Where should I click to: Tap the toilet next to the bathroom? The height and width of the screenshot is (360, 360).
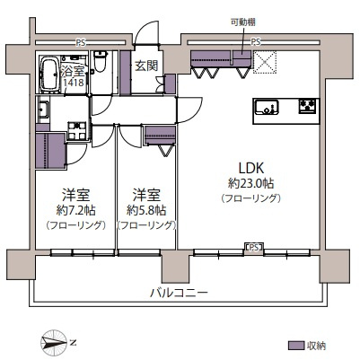(x=100, y=67)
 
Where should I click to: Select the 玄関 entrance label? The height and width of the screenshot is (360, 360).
(x=145, y=66)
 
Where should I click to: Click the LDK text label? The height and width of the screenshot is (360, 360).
(x=249, y=168)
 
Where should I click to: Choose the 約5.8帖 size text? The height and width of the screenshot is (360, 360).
(x=146, y=210)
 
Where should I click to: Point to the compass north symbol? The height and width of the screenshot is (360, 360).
(x=56, y=342)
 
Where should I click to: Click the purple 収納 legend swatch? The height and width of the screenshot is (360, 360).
(x=295, y=345)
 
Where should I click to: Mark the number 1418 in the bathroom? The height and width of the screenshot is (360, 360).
(x=75, y=83)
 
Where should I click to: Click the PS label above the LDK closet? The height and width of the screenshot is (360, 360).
(x=257, y=41)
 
